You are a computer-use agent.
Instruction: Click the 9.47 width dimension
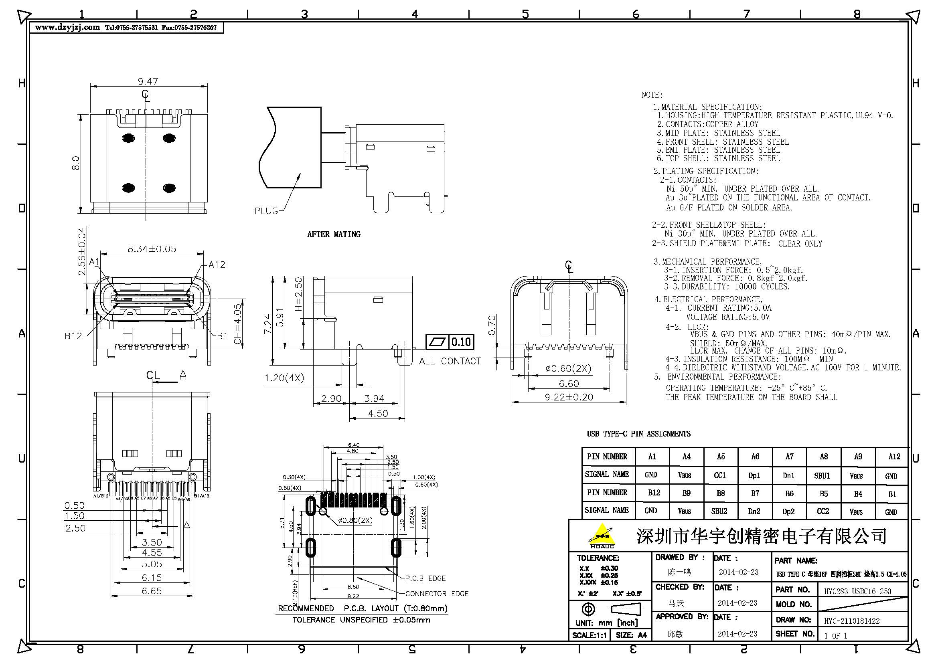pos(148,81)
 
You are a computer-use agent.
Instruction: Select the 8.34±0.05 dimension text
pos(152,249)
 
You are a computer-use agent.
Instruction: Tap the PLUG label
pos(266,211)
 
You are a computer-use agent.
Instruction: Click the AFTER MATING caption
pos(333,234)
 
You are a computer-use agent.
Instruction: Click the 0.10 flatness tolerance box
pos(461,342)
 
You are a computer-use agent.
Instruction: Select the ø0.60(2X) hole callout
pos(568,368)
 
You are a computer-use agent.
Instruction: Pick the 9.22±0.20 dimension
pos(569,397)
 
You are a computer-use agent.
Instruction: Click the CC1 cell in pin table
pos(720,475)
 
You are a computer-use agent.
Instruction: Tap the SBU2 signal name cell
pos(720,511)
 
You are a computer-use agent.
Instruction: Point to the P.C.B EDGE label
pos(425,578)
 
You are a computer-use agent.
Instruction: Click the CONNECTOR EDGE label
pos(436,594)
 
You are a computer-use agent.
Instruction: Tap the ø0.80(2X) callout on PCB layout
pos(355,520)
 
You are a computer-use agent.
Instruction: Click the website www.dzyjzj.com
pos(67,28)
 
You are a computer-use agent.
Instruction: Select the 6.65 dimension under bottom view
pos(152,590)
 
